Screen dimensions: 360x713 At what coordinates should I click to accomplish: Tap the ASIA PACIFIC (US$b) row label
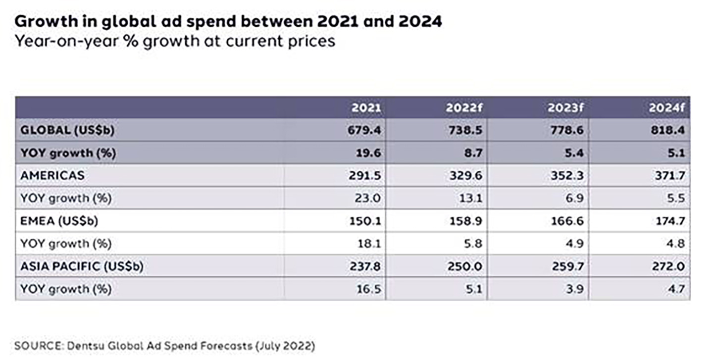click(82, 266)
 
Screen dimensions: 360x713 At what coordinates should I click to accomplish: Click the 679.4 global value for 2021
click(365, 130)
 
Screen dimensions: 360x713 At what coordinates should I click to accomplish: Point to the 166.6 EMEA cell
click(568, 221)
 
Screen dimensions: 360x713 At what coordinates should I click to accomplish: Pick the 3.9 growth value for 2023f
click(575, 289)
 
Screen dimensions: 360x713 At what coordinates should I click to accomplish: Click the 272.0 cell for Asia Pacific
click(669, 266)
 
